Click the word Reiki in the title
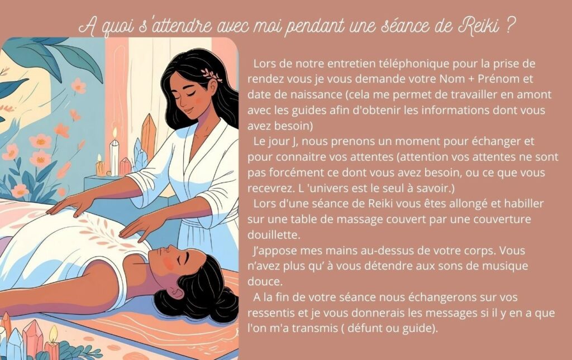478,26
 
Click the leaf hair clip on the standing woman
212,74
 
